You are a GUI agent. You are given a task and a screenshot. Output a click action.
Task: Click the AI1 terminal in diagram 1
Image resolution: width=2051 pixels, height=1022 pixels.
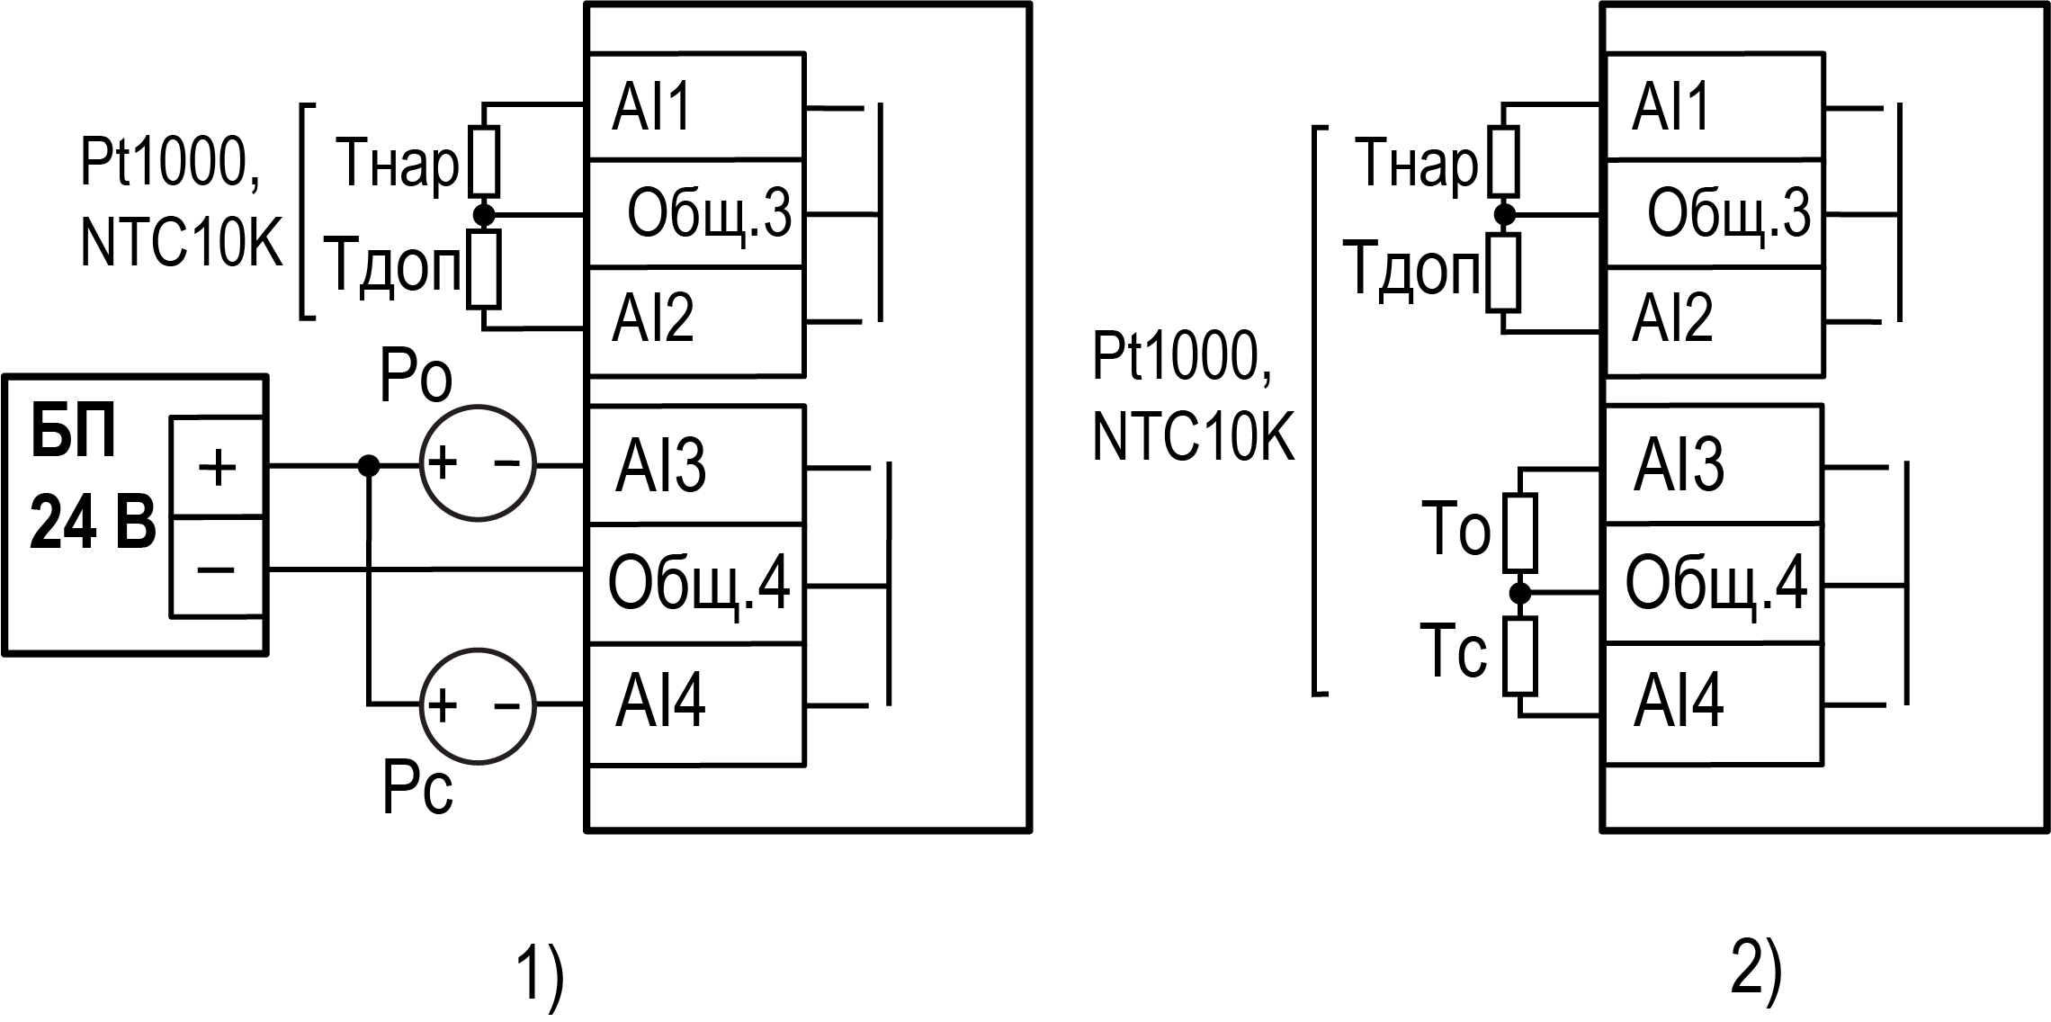coord(694,107)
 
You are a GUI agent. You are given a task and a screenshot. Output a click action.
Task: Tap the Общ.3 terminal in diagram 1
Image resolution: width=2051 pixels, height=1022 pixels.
coord(694,214)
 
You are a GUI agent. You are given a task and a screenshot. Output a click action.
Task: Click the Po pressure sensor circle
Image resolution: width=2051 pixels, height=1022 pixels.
coord(478,464)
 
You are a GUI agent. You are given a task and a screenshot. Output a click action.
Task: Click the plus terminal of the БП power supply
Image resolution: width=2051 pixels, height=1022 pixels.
coord(217,467)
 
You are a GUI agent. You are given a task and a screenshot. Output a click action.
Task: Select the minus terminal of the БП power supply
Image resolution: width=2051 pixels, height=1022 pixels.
coord(217,568)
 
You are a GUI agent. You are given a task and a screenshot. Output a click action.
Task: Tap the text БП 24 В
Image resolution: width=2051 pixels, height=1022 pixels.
coord(90,481)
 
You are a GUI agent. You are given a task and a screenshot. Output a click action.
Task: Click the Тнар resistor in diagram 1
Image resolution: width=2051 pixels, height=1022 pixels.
coord(484,162)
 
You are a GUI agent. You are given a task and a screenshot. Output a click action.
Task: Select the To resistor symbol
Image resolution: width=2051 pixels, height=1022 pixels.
coord(1519,532)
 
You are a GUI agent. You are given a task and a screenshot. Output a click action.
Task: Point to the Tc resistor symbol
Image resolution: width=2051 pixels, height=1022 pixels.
coord(1519,655)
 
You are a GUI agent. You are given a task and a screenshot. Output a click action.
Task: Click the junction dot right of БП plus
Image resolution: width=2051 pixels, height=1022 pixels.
coord(368,465)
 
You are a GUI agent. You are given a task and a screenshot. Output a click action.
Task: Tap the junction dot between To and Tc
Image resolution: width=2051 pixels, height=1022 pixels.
coord(1519,593)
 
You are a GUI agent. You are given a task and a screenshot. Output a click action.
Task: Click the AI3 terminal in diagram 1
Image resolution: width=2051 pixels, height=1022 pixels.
coord(694,465)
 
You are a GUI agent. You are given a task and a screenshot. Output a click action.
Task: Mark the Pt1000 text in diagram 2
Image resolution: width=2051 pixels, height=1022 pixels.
coord(1181,357)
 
